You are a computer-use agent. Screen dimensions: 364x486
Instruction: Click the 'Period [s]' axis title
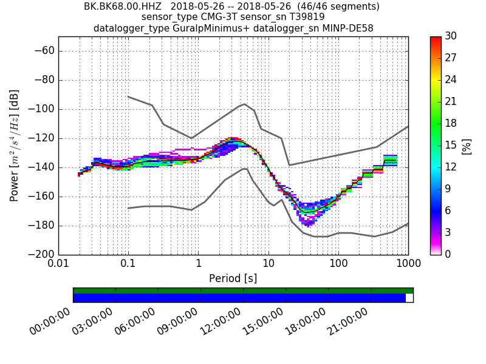tap(233, 278)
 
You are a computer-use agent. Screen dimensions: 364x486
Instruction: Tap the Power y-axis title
tap(15, 146)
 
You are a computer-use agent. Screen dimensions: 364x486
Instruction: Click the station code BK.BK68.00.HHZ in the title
tap(122, 7)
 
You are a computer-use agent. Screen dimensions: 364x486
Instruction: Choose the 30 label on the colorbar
tap(451, 36)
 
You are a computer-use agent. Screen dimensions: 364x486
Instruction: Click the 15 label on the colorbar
tap(451, 145)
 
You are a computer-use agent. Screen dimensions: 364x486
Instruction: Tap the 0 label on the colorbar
tap(448, 254)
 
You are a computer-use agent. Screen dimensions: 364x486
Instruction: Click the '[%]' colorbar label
tap(467, 146)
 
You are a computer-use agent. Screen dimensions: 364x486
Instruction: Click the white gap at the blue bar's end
tap(409, 298)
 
